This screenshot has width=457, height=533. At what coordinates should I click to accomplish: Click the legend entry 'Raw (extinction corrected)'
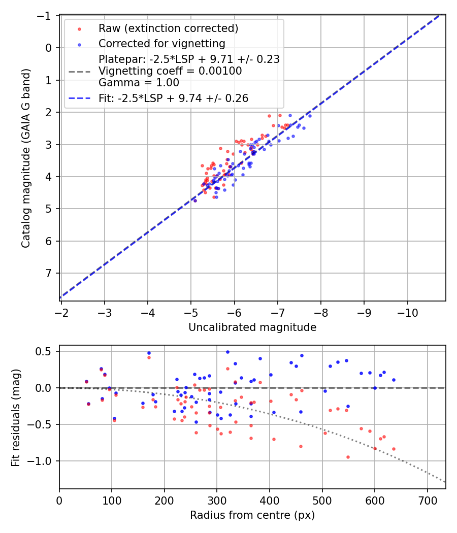click(168, 28)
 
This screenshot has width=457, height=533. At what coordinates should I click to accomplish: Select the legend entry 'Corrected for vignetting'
click(161, 43)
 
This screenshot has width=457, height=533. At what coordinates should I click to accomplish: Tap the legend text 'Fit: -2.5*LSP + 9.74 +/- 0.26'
click(173, 98)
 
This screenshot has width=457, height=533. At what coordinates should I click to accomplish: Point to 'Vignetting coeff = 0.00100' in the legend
click(170, 71)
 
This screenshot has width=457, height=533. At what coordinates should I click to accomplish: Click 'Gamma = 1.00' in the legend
click(139, 82)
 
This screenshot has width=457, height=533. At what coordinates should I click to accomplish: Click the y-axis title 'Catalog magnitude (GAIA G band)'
click(26, 158)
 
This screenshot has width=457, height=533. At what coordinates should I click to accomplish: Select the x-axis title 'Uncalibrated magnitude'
click(252, 327)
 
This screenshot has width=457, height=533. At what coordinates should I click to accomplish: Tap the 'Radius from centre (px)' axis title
click(252, 515)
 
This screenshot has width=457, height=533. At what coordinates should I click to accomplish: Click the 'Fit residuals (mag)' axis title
click(16, 417)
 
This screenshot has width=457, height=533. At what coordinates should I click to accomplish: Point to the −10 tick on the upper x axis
click(407, 311)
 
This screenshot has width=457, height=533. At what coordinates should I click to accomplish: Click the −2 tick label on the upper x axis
click(61, 311)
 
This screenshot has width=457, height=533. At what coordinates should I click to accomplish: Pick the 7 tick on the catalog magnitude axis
click(47, 274)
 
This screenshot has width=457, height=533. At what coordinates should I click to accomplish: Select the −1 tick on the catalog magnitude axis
click(45, 16)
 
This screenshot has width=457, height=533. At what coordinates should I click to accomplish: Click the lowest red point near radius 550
click(348, 457)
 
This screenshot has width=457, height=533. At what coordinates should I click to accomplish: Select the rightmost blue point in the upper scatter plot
click(310, 116)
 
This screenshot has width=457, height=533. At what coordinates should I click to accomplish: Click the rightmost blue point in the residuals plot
click(394, 380)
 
